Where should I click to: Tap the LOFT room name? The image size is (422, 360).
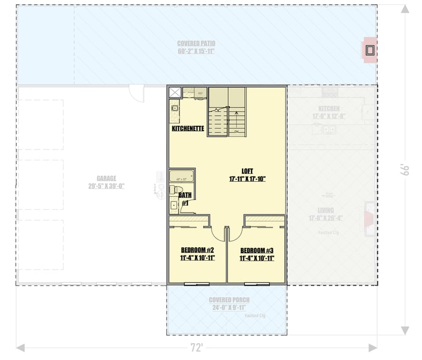tap(247, 171)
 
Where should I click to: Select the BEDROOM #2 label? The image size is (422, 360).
tap(197, 250)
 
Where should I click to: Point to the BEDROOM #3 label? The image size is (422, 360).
tap(256, 250)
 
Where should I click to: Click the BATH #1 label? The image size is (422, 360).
tap(185, 199)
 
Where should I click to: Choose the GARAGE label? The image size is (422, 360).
tap(106, 179)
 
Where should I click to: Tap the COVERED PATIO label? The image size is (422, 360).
tap(196, 43)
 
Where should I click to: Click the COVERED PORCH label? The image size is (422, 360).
tap(226, 300)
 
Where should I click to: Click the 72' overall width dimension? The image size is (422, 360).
tap(197, 348)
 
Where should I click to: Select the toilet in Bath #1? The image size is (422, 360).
tap(177, 189)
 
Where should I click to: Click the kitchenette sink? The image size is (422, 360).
tap(174, 108)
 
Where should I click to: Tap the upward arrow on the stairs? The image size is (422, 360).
tap(236, 112)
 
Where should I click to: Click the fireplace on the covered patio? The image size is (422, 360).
tap(370, 51)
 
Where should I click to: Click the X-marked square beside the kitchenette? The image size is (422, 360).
tap(174, 92)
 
